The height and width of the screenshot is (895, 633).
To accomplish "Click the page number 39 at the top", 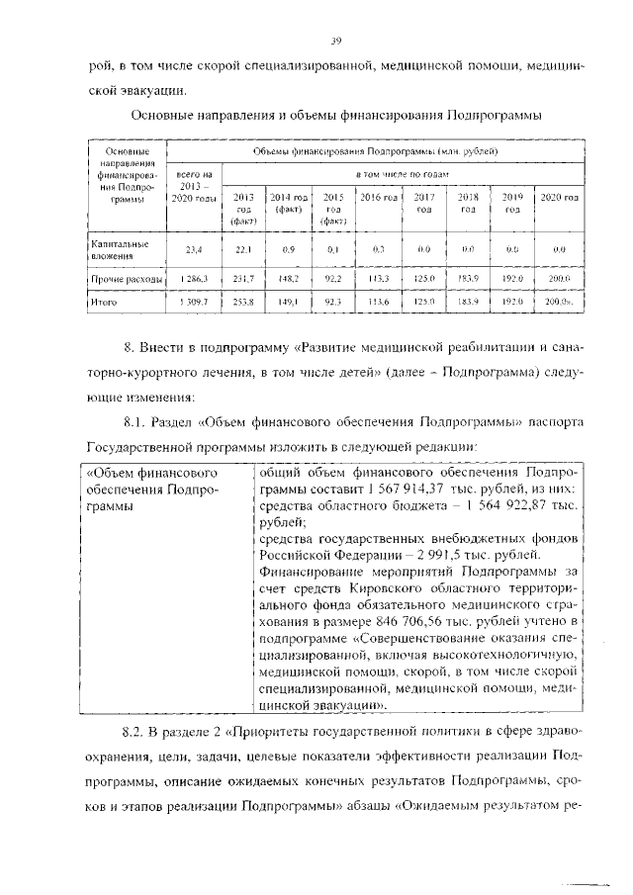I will click(x=335, y=41).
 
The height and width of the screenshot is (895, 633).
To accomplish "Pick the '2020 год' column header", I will click(x=560, y=198).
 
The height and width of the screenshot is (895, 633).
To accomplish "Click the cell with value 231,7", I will click(x=243, y=281).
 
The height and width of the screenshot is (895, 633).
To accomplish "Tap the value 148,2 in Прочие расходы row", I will click(x=289, y=281).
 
